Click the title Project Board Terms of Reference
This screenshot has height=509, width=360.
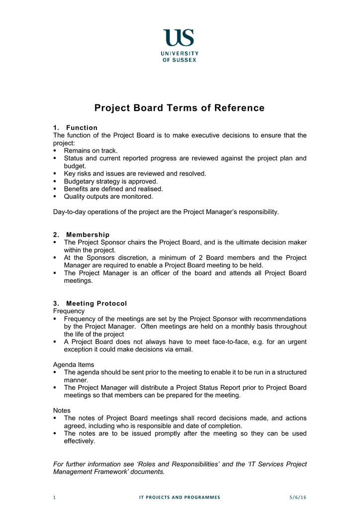pos(180,108)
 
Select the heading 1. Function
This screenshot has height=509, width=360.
pos(76,128)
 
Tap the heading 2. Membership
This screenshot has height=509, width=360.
pos(82,235)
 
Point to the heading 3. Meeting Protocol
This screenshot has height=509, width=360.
pos(90,303)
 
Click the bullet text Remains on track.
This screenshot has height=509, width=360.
pos(91,151)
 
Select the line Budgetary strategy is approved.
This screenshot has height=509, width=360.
pos(111,181)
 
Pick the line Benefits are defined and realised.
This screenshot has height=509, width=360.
pos(113,189)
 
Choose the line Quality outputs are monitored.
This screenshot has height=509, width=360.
pos(108,196)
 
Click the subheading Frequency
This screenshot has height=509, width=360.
pos(69,311)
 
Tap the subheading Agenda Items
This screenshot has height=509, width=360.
pos(74,364)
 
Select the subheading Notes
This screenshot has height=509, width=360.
pos(62,411)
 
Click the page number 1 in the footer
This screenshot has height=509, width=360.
pos(54,497)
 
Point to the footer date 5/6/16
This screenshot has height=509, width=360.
pos(298,497)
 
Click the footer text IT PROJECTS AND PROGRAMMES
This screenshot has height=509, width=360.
pos(180,497)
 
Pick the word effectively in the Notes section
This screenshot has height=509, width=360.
pos(79,441)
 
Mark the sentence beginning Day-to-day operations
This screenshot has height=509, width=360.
pos(166,212)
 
